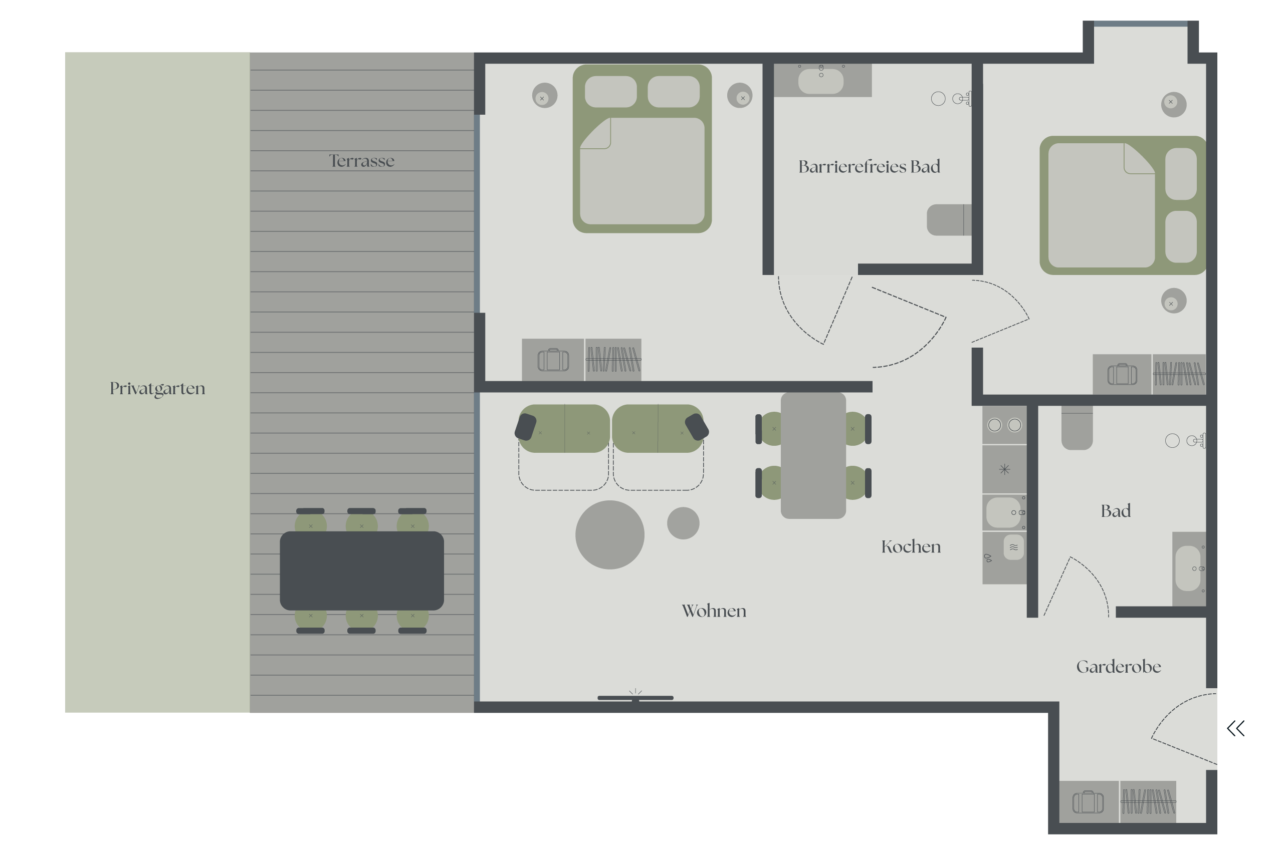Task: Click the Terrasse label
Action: [x=361, y=161]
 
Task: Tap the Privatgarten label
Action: [x=158, y=389]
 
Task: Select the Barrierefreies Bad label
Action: [x=869, y=166]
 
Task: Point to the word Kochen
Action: [x=911, y=546]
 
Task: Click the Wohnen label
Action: [x=714, y=611]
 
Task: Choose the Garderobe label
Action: [x=1118, y=666]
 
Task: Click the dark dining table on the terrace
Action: [x=362, y=571]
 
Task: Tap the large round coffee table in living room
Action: [x=610, y=535]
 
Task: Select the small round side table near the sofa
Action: [x=683, y=523]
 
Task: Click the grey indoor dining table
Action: [x=813, y=455]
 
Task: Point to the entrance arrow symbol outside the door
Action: [x=1235, y=728]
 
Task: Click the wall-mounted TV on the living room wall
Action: [x=635, y=697]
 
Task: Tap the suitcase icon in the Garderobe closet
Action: [x=1088, y=802]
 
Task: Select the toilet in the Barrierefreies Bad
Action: [x=949, y=220]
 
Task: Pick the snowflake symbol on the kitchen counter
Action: [x=1004, y=469]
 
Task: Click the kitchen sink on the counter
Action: [x=1004, y=512]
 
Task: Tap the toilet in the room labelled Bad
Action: [x=1077, y=428]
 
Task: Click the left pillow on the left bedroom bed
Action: [x=610, y=92]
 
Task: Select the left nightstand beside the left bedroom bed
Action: [x=544, y=96]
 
